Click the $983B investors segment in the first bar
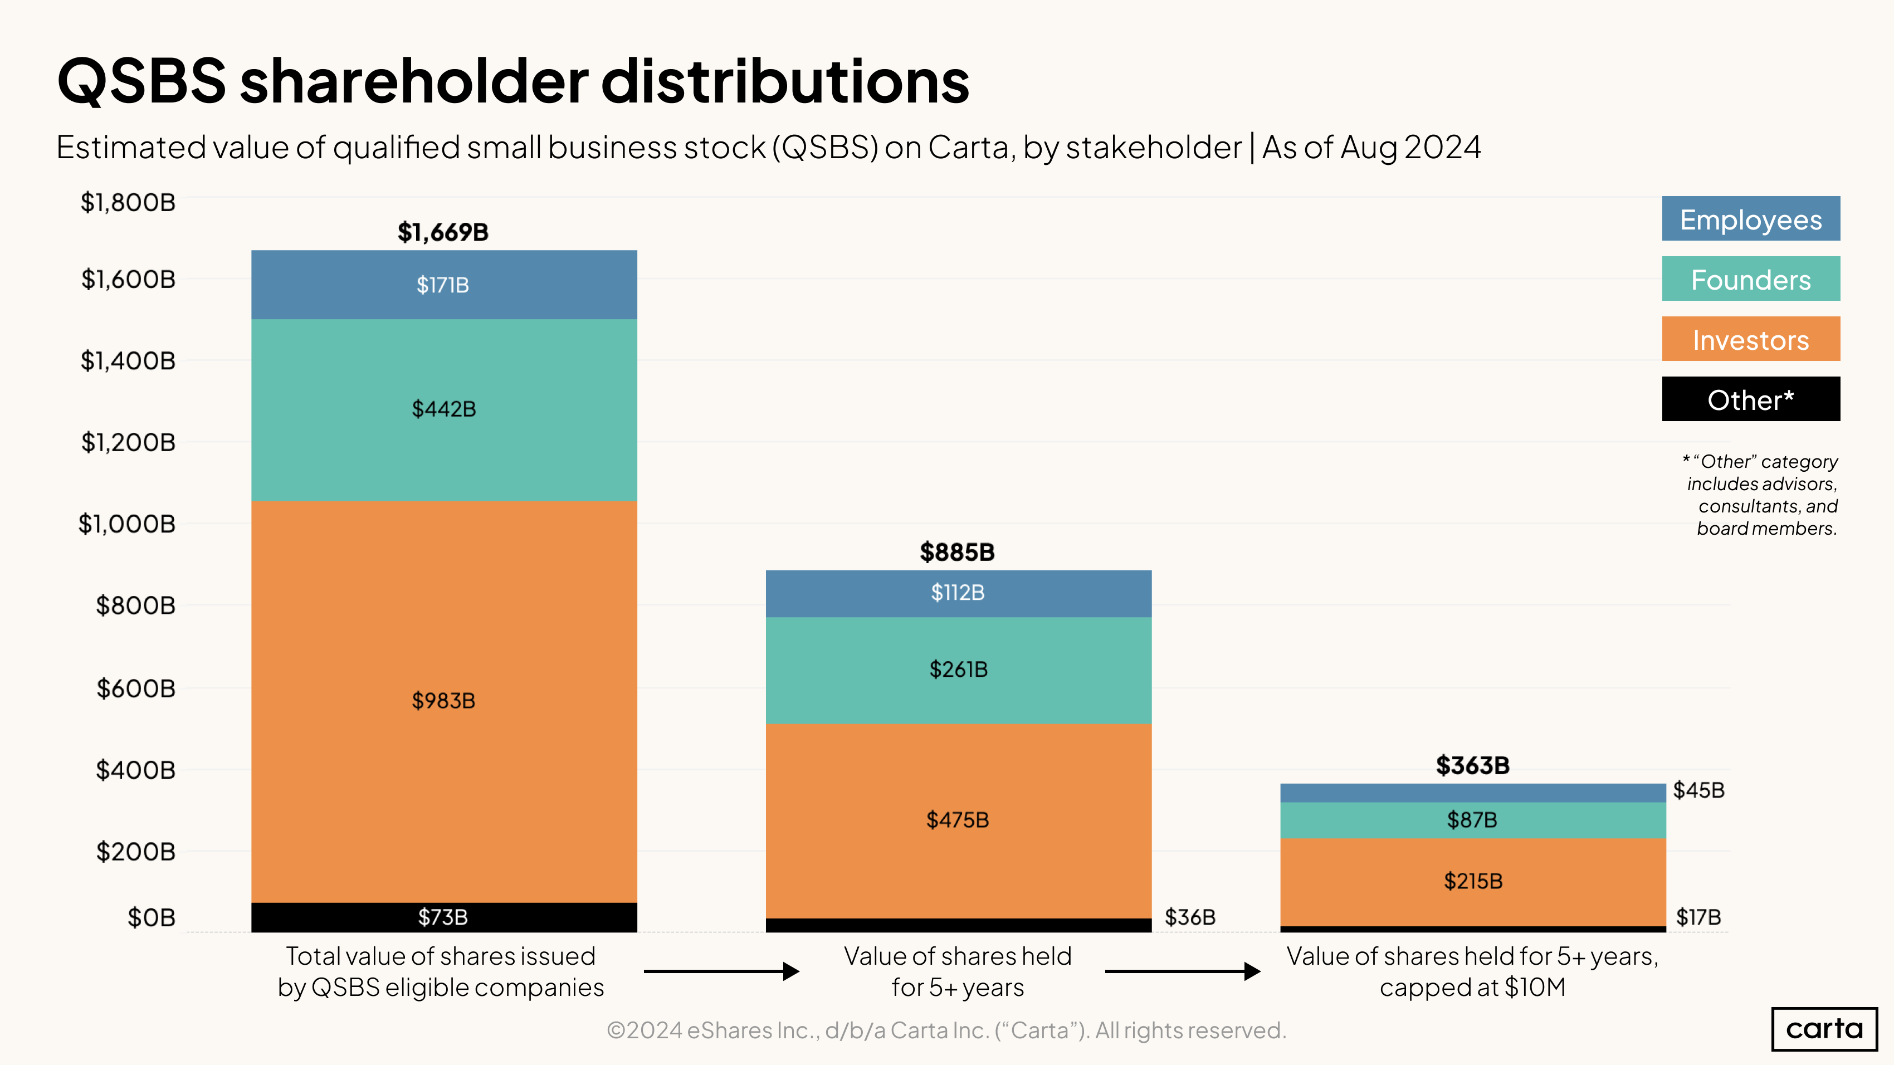point(443,701)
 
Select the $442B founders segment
point(443,409)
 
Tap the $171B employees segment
point(443,285)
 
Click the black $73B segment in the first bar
point(443,916)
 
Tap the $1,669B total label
point(443,232)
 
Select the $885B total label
point(956,552)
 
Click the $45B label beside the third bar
point(1698,790)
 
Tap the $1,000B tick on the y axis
point(127,524)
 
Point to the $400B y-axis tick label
point(135,770)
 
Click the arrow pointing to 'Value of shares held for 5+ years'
point(720,971)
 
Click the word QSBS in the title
point(141,81)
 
